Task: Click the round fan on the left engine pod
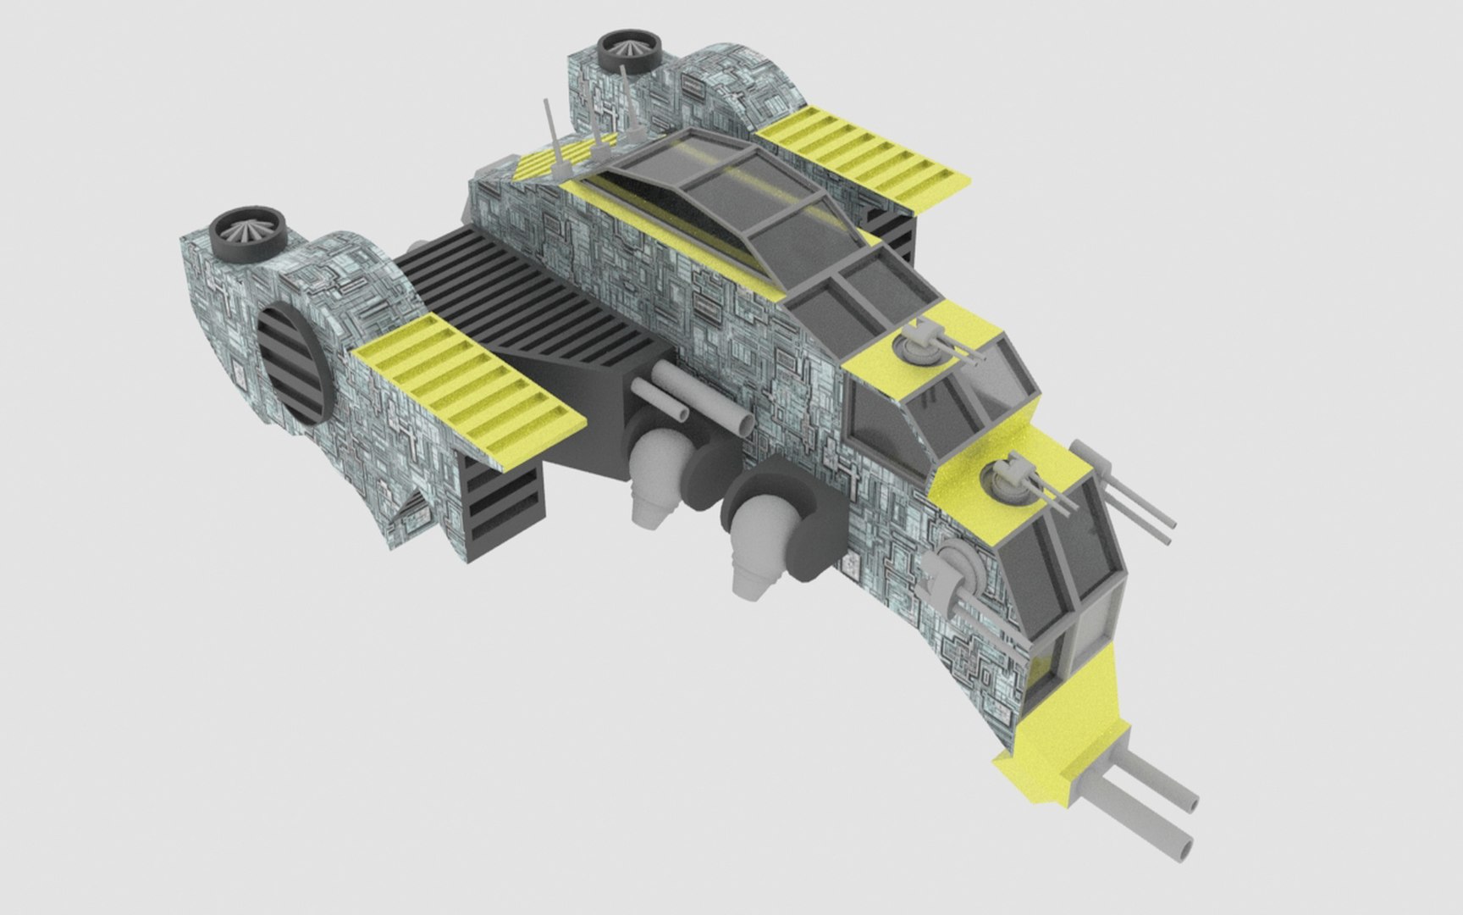(246, 234)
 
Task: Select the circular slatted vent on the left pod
(292, 363)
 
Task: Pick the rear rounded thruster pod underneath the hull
(655, 470)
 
